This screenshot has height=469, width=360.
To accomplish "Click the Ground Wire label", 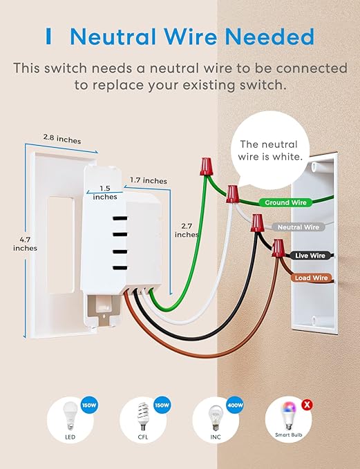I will pyautogui.click(x=284, y=203).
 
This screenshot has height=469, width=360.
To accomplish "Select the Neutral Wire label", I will pyautogui.click(x=299, y=227).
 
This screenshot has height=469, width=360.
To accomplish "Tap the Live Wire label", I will pyautogui.click(x=308, y=256).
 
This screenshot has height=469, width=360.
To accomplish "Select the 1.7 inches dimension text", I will pyautogui.click(x=149, y=181).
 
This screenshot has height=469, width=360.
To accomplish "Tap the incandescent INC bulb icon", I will pyautogui.click(x=215, y=419).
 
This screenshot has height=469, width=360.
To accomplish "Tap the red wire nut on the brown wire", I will pyautogui.click(x=280, y=247).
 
